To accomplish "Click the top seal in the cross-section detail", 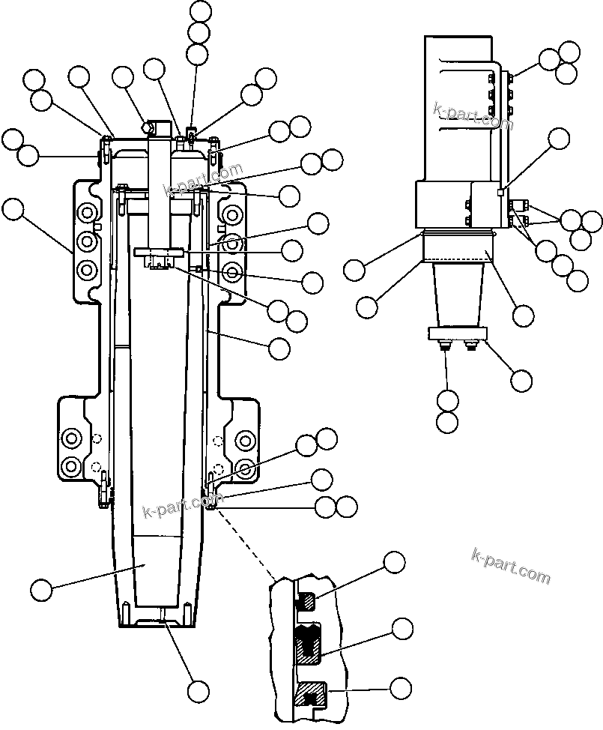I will [x=307, y=600].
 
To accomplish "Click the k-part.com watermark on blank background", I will [x=512, y=567].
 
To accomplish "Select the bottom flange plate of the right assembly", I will [x=456, y=334].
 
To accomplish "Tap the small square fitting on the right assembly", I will [x=500, y=193].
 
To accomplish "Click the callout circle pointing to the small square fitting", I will [x=558, y=139].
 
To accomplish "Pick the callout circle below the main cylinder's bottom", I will [x=199, y=690].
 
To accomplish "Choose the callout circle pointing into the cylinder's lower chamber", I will [x=42, y=588].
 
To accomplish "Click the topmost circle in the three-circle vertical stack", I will [x=201, y=10].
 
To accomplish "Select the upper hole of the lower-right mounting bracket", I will [x=244, y=439].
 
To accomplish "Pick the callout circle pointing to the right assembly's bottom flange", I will [x=522, y=380].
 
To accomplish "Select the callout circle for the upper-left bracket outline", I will [x=13, y=209].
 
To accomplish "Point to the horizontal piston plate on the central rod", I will [x=160, y=253].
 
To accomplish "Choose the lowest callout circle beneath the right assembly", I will [x=447, y=422].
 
